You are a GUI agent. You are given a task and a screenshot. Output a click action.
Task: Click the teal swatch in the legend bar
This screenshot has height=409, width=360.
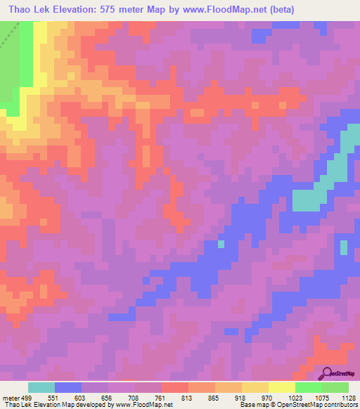41,387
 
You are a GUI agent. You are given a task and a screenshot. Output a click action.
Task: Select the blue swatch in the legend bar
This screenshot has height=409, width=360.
68,387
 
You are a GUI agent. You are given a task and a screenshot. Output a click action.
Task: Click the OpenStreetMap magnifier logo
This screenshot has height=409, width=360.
327,373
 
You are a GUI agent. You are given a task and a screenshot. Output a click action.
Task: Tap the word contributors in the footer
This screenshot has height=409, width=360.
339,404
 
